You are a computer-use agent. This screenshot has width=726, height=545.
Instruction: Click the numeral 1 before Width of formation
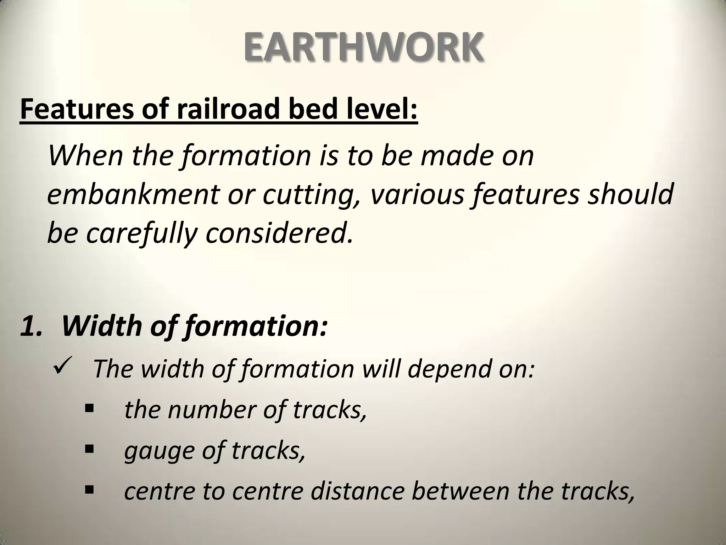pyautogui.click(x=30, y=326)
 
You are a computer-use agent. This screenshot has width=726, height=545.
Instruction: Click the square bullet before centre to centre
pyautogui.click(x=89, y=490)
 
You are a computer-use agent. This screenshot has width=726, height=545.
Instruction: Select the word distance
pyautogui.click(x=358, y=491)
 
